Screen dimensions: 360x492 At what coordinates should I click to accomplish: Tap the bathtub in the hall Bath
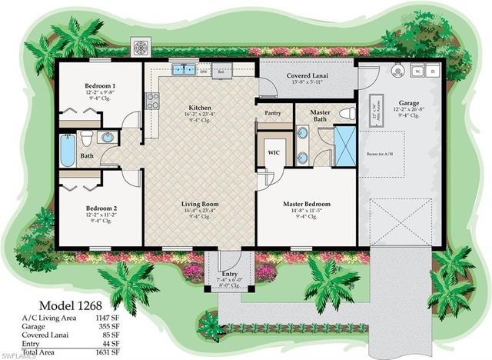67,149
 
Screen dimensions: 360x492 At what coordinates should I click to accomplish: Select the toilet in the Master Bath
347,114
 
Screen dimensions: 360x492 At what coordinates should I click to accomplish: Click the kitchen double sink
180,69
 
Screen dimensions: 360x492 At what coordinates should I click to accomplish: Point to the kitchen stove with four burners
152,100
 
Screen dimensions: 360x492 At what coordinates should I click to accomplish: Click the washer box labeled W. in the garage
418,72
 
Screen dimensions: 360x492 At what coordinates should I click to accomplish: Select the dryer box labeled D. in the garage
433,72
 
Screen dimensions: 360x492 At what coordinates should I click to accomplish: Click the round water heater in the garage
397,69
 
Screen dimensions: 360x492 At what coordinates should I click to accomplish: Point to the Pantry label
273,112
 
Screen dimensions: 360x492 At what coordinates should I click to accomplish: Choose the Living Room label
199,204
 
